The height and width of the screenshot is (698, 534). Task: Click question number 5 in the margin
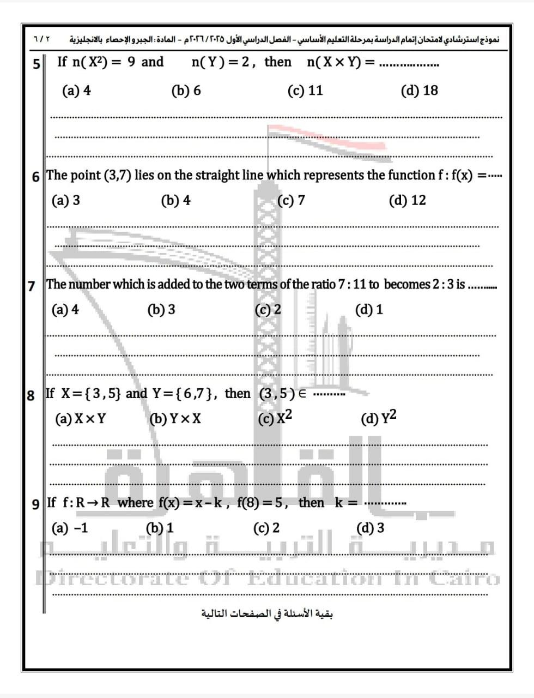(37, 64)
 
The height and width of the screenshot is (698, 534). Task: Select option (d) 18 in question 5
(419, 91)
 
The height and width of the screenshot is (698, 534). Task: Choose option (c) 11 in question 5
(305, 91)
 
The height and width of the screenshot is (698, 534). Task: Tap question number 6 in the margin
(36, 177)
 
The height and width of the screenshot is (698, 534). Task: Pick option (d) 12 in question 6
(407, 201)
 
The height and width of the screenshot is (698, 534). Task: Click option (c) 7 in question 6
(291, 201)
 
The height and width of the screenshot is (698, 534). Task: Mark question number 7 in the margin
(32, 285)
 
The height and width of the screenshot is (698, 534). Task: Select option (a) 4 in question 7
(65, 310)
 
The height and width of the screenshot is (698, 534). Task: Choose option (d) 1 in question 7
(369, 310)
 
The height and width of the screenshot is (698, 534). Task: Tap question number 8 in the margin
(31, 395)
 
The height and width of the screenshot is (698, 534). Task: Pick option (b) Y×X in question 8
(175, 419)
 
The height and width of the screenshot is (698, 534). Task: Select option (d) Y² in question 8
(379, 418)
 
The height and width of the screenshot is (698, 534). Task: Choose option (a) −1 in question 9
(69, 528)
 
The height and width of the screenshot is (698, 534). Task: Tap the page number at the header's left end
(41, 40)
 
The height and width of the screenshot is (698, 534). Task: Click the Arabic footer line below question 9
(267, 613)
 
